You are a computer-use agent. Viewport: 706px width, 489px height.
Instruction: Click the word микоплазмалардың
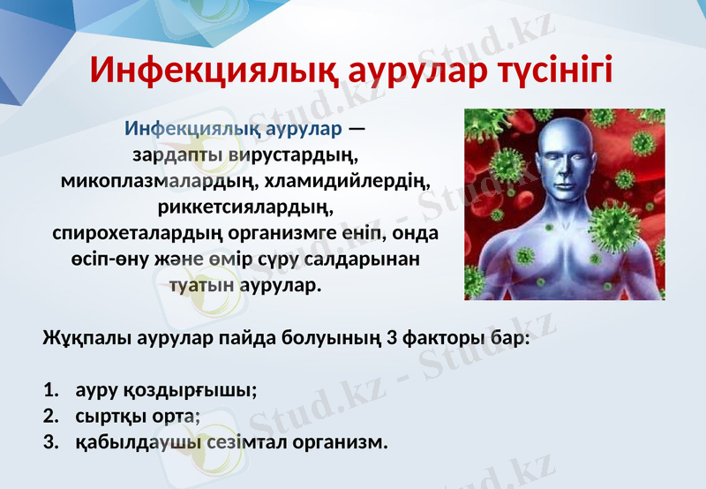tap(155, 182)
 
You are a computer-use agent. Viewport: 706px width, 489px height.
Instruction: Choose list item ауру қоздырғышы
tap(166, 389)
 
